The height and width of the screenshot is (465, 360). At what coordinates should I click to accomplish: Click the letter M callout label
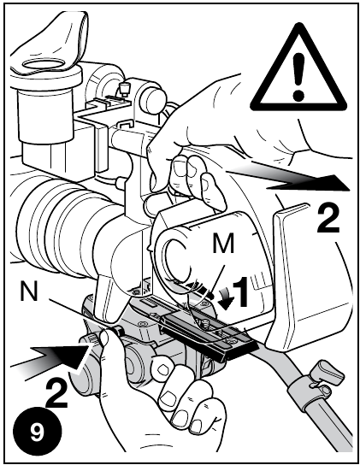(224, 243)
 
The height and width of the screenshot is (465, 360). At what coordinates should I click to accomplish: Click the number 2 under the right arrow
(328, 220)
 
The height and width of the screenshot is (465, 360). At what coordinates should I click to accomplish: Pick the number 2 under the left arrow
(56, 394)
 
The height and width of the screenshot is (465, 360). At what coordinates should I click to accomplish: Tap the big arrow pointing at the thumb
(49, 358)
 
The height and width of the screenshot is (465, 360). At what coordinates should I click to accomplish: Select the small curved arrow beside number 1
(226, 298)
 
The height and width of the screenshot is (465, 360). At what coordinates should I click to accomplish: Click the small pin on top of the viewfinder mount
(124, 88)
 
